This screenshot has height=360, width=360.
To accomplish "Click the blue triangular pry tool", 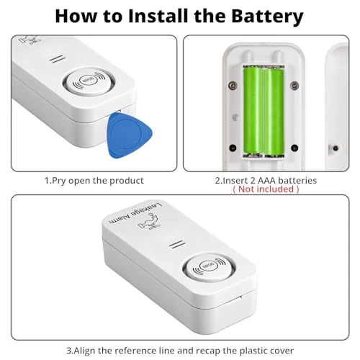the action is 129,135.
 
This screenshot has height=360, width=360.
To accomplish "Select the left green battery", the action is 253,111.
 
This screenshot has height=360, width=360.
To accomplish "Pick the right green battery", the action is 274,112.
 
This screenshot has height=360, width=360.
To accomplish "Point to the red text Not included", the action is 266,189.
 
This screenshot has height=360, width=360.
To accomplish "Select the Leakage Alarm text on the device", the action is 136,212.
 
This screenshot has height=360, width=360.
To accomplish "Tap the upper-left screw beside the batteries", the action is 233,84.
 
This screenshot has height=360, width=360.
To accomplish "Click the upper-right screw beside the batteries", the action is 294,85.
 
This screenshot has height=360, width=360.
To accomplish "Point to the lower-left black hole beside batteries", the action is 233,148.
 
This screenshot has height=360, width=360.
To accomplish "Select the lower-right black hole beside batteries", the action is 294,148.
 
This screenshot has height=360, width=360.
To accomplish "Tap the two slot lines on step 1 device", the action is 58,59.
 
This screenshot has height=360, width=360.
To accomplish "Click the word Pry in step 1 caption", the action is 59,181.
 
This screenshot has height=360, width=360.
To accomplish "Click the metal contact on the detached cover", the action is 336,148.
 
